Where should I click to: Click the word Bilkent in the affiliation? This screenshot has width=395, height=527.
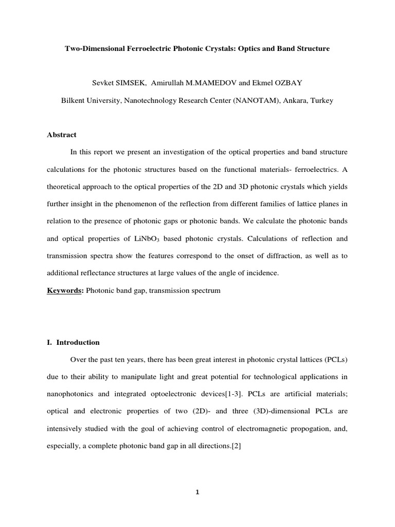[x=75, y=100]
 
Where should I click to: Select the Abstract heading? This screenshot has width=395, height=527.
[x=62, y=135]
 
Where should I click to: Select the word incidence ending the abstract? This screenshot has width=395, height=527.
[x=262, y=273]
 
